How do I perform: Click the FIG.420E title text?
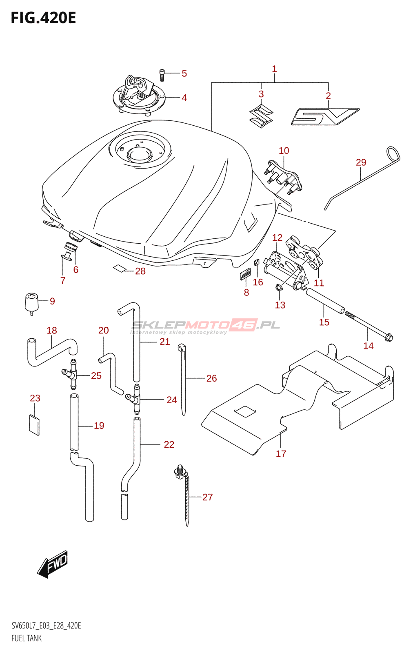(43, 18)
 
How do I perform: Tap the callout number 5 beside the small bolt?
(184, 73)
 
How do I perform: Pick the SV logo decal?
(325, 116)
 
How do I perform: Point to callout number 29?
(361, 162)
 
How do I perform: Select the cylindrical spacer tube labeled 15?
(325, 301)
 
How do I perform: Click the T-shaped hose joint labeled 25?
(72, 374)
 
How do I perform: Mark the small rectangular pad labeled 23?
(34, 424)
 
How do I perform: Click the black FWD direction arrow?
(53, 564)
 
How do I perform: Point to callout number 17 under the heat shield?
(281, 454)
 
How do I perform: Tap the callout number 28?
(140, 271)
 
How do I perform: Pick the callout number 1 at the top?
(274, 69)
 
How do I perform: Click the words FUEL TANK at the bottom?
(27, 638)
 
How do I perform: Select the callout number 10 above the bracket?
(284, 151)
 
